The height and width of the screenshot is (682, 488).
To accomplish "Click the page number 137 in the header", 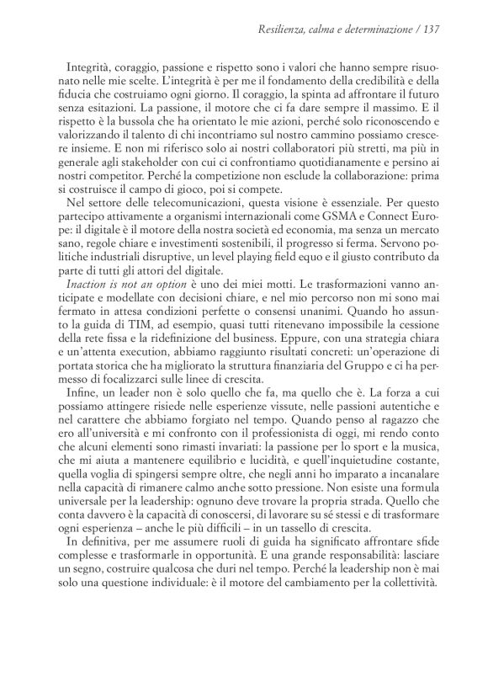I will click(432, 31).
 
